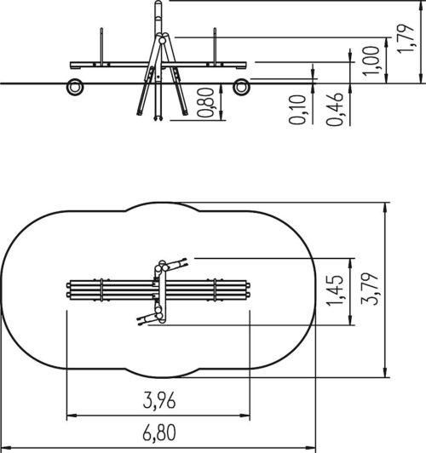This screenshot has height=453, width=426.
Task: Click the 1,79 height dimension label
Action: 406,38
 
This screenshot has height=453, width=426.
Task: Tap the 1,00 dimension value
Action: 371,61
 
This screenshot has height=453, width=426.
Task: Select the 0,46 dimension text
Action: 335,109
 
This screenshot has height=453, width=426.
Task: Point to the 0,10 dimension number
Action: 297,110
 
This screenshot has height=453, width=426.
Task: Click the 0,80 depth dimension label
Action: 205,102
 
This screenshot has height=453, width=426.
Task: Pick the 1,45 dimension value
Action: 335,290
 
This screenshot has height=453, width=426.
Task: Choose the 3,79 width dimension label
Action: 371,289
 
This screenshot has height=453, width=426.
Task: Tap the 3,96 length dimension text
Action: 159,400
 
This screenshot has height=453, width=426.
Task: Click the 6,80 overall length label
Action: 159,433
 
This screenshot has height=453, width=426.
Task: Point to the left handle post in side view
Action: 101,45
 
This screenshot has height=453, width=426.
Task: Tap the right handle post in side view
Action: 215,45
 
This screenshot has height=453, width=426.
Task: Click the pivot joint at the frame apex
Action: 162,41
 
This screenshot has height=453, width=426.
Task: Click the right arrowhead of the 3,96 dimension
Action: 245,416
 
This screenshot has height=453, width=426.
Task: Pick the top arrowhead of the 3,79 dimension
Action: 385,208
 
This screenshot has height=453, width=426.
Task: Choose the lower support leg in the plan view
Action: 149,318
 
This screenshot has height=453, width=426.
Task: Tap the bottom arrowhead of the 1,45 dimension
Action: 350,320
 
